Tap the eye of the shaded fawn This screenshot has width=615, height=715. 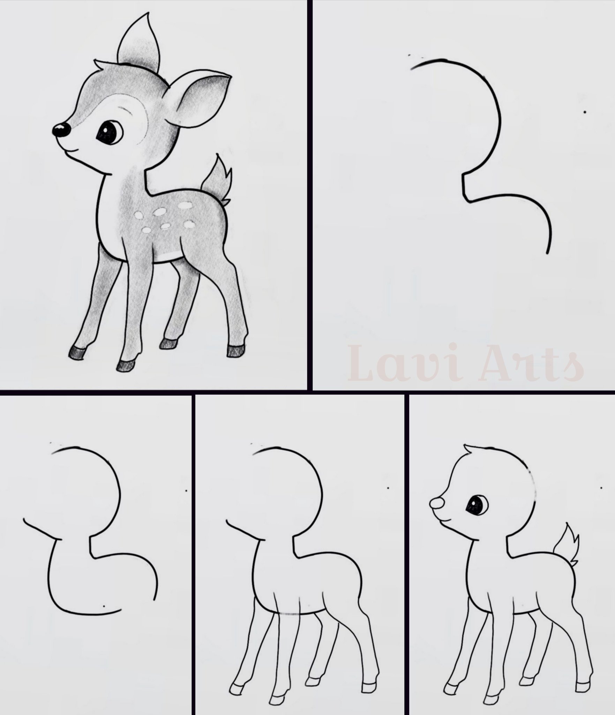click(109, 132)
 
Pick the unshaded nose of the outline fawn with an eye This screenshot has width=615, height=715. click(436, 504)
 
